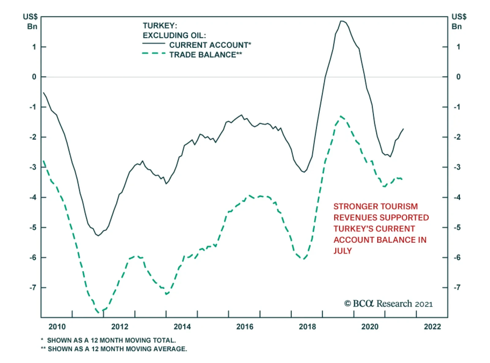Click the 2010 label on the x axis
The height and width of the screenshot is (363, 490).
point(57,327)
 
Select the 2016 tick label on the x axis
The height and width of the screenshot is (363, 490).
point(245,327)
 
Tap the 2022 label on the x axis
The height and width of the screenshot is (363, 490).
point(432,327)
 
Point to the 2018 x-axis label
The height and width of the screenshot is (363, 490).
point(307,327)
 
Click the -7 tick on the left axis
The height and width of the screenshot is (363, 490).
point(33,288)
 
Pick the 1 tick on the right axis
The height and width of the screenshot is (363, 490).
point(458,47)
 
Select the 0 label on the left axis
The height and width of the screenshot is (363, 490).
point(34,77)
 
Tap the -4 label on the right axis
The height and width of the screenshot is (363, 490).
point(457,197)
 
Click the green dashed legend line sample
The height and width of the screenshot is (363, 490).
point(154,54)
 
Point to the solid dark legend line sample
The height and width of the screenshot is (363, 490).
point(154,43)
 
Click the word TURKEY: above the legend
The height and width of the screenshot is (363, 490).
point(160,26)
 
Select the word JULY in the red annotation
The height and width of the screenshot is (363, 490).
point(343,251)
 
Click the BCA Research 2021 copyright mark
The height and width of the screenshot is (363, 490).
point(388,304)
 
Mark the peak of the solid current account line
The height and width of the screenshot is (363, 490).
point(342,21)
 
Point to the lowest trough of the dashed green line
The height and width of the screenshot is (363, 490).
point(99,312)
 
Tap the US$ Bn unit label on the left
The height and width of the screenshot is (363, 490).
point(31,21)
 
